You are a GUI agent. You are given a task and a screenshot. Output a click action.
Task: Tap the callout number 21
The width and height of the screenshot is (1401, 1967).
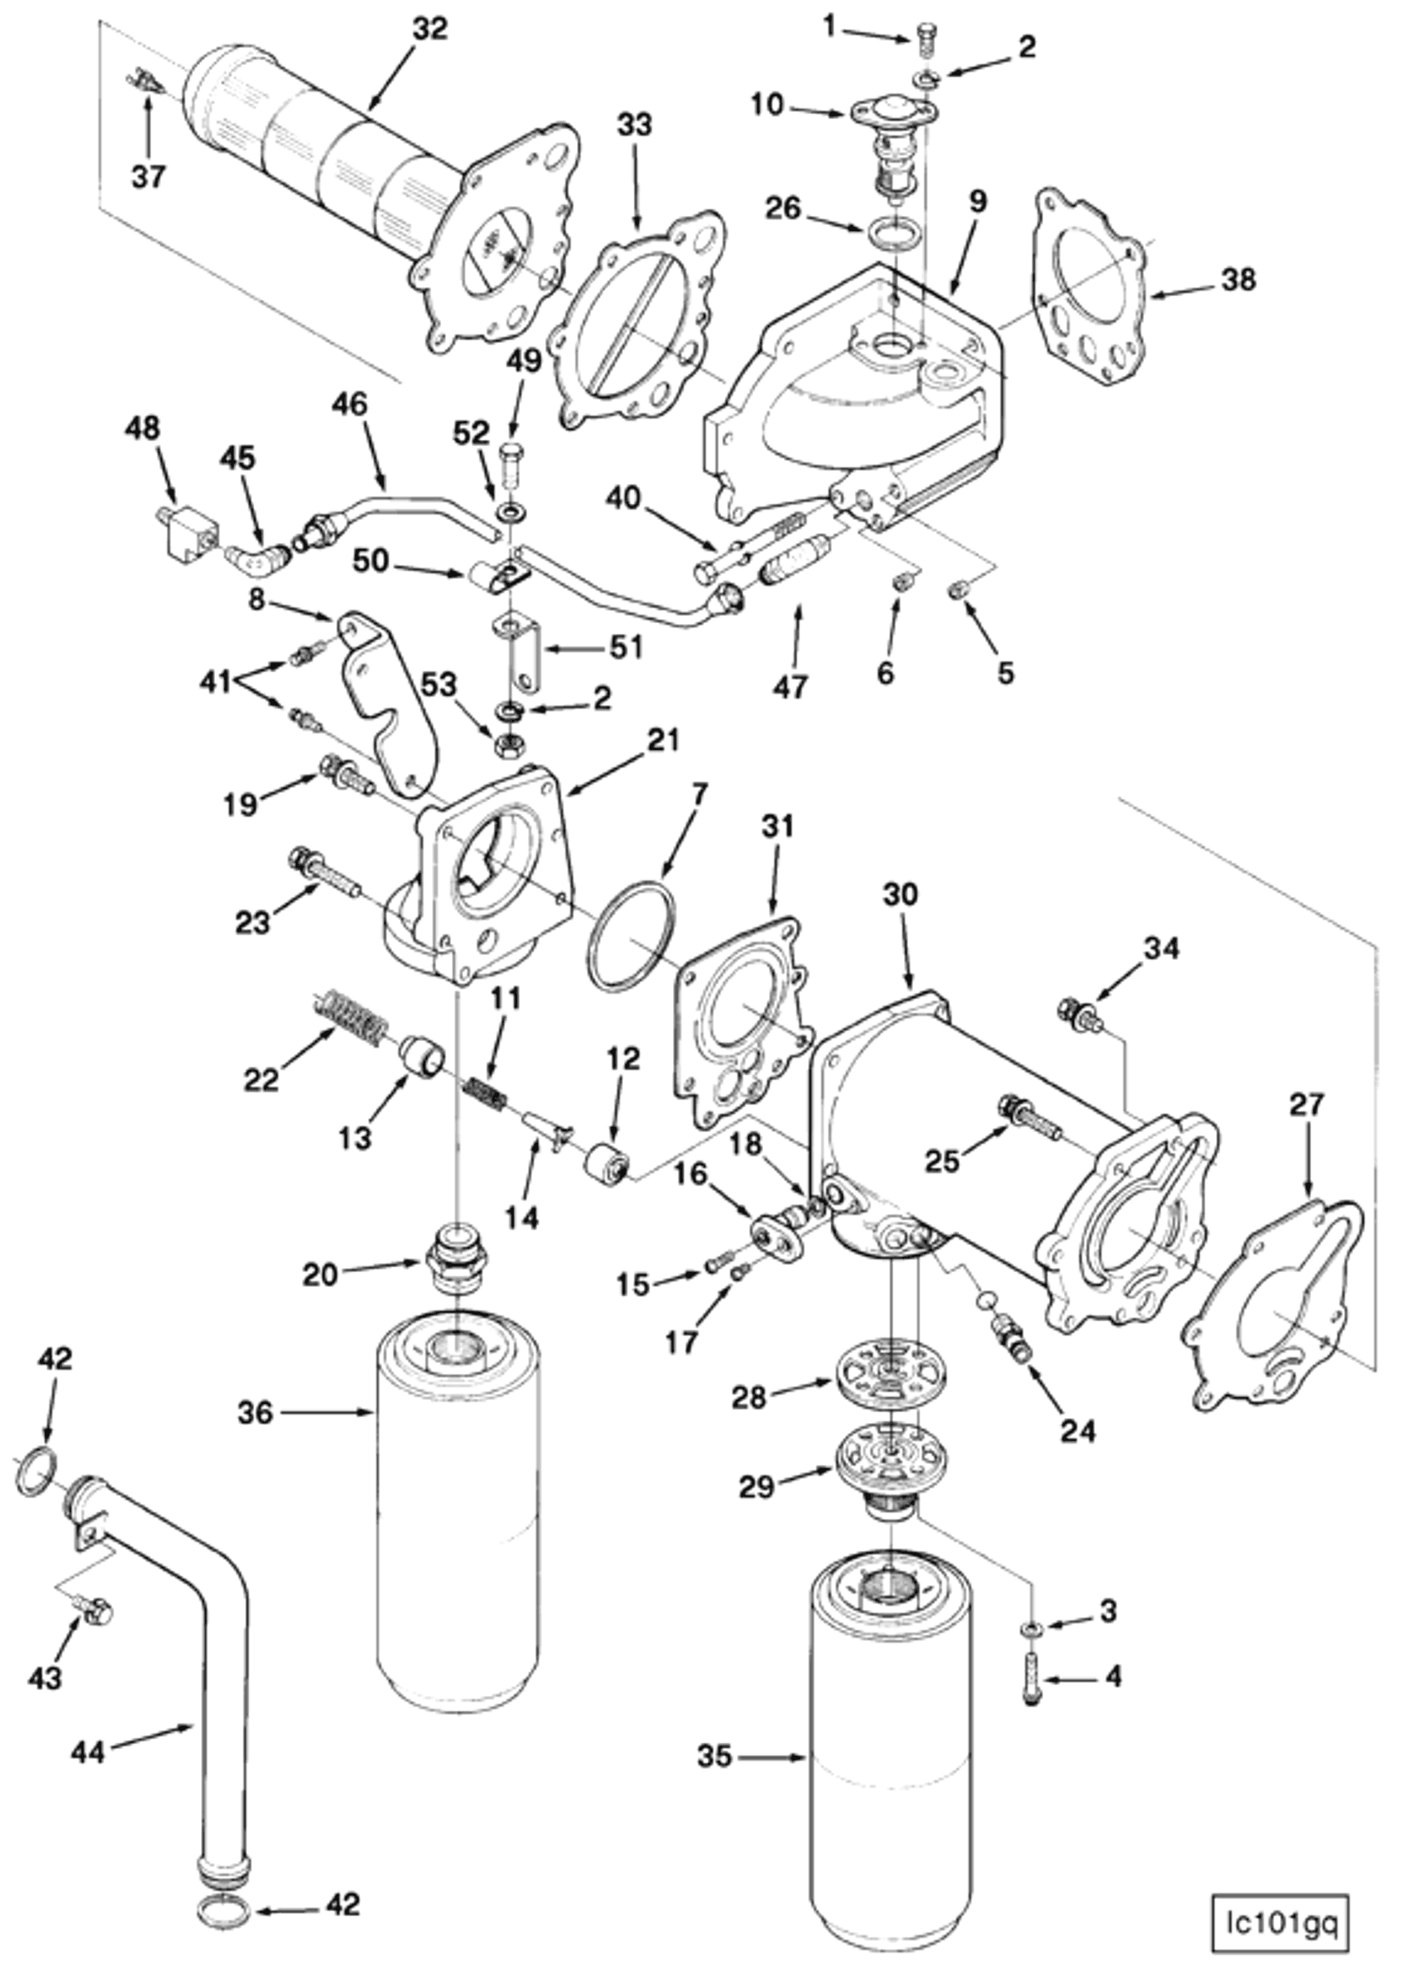pos(661,740)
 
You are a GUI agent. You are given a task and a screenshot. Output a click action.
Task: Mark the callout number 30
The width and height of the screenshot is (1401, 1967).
pos(901,894)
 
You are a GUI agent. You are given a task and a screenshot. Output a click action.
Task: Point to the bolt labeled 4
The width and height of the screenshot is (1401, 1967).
pos(1032,1663)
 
